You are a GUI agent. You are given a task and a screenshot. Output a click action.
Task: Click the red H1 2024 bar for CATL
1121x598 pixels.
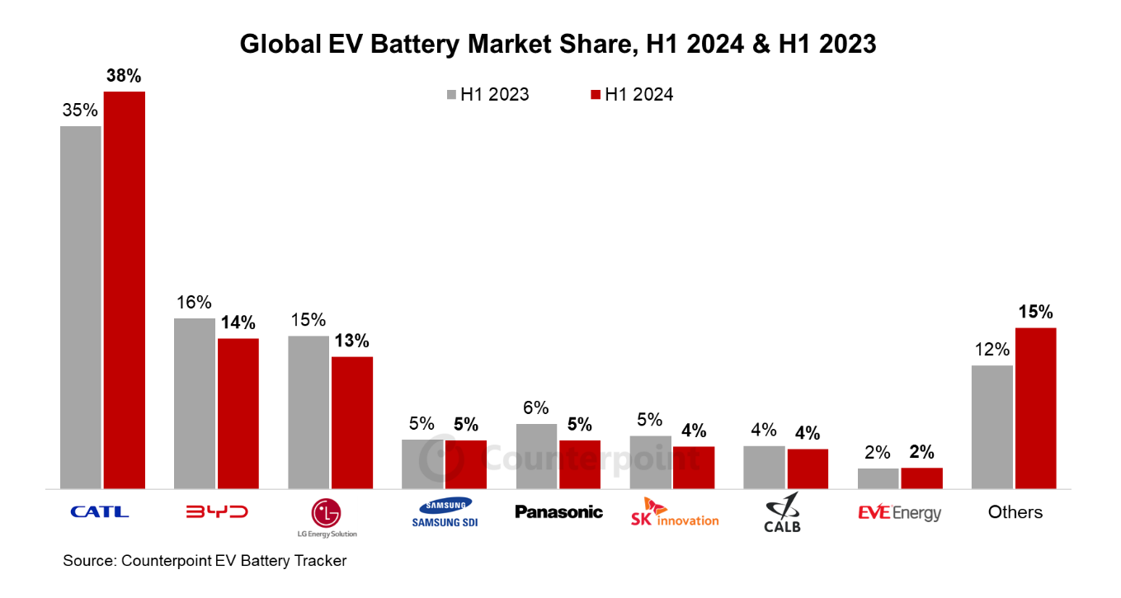point(125,290)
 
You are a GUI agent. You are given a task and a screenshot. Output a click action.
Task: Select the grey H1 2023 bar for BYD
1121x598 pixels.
point(194,403)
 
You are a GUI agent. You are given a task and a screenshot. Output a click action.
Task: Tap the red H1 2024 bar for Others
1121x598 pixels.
point(1035,408)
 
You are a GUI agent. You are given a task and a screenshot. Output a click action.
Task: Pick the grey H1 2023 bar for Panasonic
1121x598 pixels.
point(536,456)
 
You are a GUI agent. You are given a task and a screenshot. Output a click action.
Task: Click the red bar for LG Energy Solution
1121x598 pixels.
point(352,422)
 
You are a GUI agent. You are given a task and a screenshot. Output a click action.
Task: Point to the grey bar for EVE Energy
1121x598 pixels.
point(878,478)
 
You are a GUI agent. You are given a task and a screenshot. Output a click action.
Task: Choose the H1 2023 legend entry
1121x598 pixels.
point(487,95)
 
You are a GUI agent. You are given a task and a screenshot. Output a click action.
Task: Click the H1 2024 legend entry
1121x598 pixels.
point(631,95)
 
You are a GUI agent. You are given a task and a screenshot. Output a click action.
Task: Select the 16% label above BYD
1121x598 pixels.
point(194,303)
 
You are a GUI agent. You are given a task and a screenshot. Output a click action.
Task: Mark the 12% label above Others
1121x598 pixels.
point(991,350)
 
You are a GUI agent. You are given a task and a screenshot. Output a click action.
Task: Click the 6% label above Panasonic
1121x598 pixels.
point(536,408)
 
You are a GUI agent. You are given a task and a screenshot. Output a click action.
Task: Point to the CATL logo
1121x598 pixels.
point(100,512)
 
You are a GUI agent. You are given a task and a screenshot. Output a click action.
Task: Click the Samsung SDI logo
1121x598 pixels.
point(445,512)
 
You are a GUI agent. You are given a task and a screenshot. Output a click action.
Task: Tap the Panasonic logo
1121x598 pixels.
point(558,512)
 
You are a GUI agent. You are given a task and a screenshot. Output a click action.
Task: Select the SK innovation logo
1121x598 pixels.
point(674,512)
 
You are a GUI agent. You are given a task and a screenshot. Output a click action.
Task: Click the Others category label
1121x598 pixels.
point(1015,512)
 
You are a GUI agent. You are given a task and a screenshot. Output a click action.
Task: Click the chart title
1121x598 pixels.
point(558,44)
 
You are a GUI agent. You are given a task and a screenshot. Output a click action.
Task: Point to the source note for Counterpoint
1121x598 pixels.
point(205,561)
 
